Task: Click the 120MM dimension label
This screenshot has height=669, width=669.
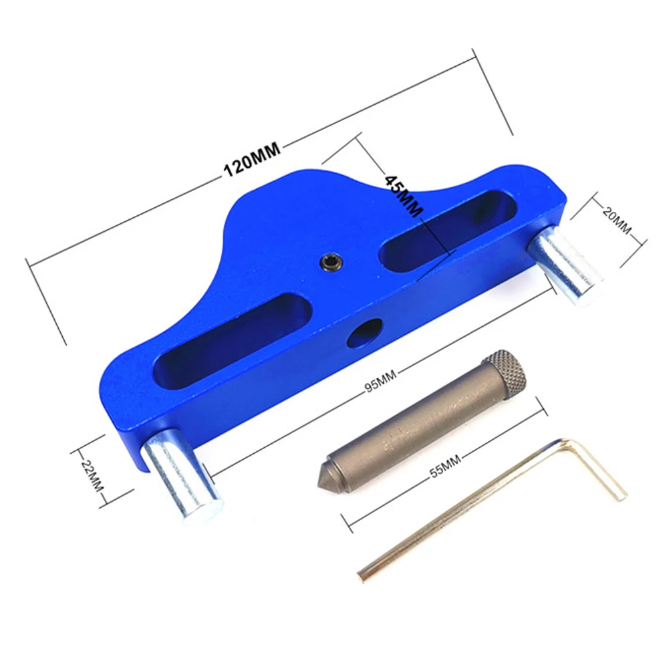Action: click(252, 158)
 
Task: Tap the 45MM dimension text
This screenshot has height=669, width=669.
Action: click(404, 195)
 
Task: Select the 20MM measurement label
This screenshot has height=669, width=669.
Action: click(616, 220)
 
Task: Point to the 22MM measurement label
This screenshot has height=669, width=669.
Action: click(93, 475)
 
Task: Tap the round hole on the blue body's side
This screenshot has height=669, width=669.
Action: click(364, 333)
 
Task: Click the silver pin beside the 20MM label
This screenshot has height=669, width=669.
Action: click(565, 265)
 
